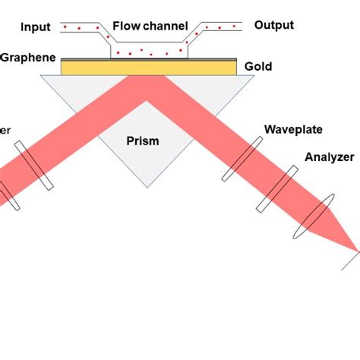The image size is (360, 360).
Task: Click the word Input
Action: (36, 27)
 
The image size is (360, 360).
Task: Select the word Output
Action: (274, 26)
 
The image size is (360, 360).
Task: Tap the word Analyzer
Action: (329, 158)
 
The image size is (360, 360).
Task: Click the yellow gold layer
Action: (149, 68)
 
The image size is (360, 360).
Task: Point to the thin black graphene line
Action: (149, 59)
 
